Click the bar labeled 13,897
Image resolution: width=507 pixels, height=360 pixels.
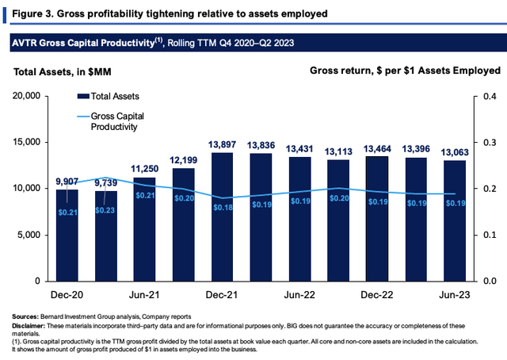tap(222, 217)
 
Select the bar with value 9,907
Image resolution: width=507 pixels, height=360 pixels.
tap(67, 236)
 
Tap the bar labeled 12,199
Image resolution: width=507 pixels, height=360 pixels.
tap(183, 224)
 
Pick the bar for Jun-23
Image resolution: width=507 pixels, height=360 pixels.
tap(455, 220)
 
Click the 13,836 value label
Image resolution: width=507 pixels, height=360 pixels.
tap(261, 145)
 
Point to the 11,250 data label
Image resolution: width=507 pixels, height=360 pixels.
tap(144, 169)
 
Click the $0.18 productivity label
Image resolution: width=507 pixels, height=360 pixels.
tap(223, 207)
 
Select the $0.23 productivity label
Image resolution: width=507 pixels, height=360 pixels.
tap(105, 210)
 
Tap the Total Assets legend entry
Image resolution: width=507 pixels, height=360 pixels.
tap(109, 96)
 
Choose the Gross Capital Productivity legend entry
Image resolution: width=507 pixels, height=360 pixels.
tap(111, 121)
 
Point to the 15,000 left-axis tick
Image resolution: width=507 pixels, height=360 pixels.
tap(26, 142)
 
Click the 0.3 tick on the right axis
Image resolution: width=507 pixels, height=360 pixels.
tap(490, 142)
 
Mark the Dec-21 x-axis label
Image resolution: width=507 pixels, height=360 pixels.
tap(222, 295)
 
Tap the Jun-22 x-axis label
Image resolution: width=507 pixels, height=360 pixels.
tap(299, 295)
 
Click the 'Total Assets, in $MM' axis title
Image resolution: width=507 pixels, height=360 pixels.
tap(63, 71)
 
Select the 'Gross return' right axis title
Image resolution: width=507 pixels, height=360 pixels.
tap(405, 71)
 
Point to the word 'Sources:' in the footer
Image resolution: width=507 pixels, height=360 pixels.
tap(25, 316)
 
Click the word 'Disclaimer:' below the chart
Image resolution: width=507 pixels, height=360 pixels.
tap(28, 326)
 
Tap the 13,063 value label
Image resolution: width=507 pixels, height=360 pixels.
tap(455, 152)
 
